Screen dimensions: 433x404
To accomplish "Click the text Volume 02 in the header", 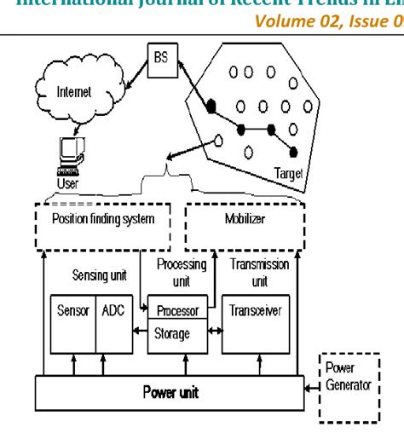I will coord(317,24).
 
